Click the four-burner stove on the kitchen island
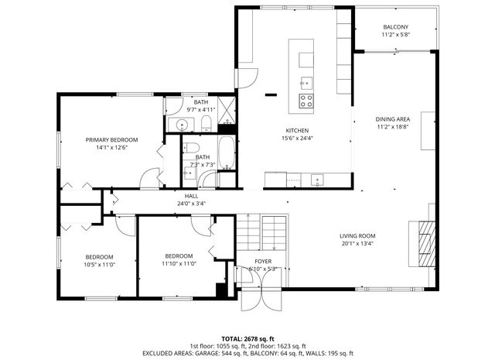(306, 100)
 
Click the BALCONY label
(394, 26)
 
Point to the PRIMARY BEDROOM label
(111, 140)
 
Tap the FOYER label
(263, 262)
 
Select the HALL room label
(191, 197)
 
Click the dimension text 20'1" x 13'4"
(357, 244)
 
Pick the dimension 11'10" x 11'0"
(178, 264)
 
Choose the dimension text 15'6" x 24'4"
(298, 139)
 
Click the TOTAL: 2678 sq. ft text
(247, 338)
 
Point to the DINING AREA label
(394, 119)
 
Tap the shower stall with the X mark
(226, 111)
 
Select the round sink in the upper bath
(182, 125)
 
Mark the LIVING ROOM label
(357, 236)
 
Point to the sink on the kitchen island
(306, 81)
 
